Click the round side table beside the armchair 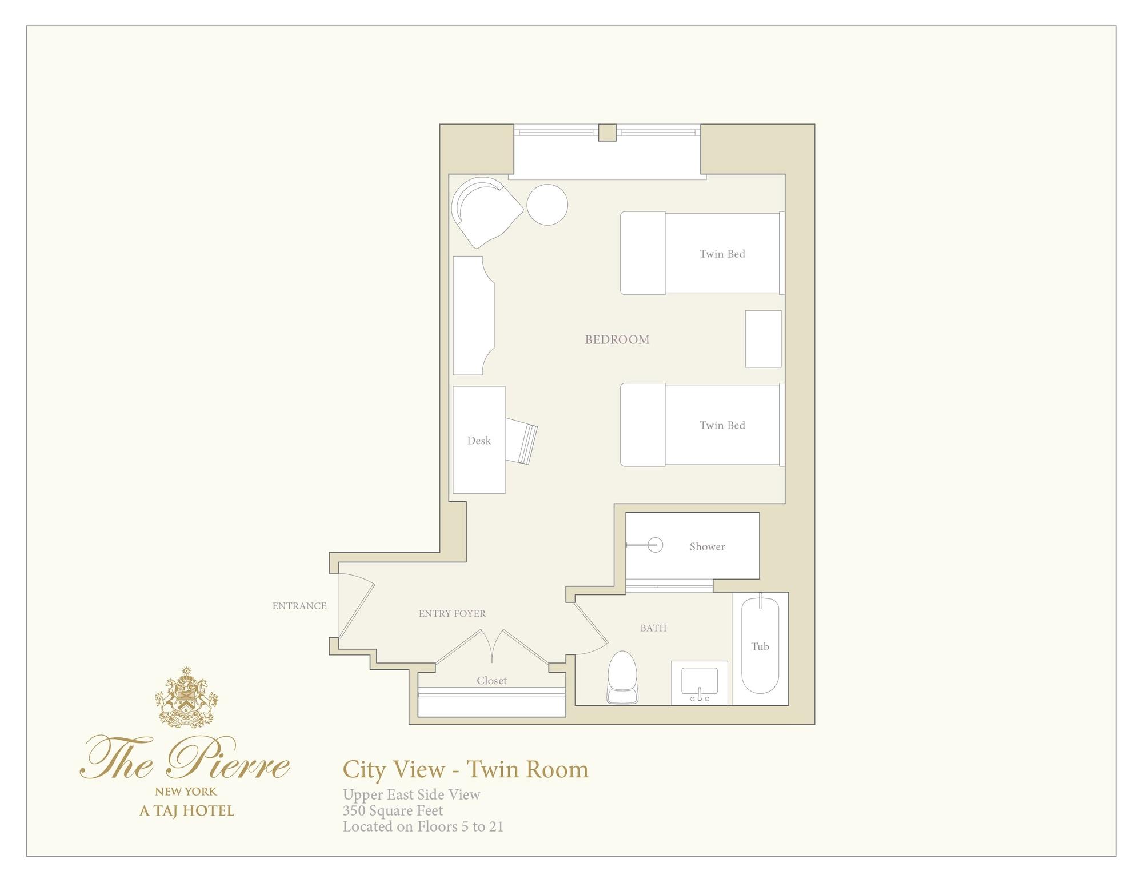click(547, 205)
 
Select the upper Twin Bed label click(722, 254)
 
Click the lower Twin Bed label click(722, 425)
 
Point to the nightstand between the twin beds click(764, 339)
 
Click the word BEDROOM click(617, 339)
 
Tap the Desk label click(479, 441)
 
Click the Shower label click(707, 546)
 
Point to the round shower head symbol click(656, 545)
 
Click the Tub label click(760, 646)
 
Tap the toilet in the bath click(622, 677)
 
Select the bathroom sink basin click(700, 684)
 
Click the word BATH click(653, 628)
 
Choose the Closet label click(491, 681)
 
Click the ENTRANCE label click(299, 606)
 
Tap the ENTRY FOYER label click(452, 614)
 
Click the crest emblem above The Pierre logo click(186, 697)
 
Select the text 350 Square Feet click(393, 810)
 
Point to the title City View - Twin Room click(466, 769)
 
